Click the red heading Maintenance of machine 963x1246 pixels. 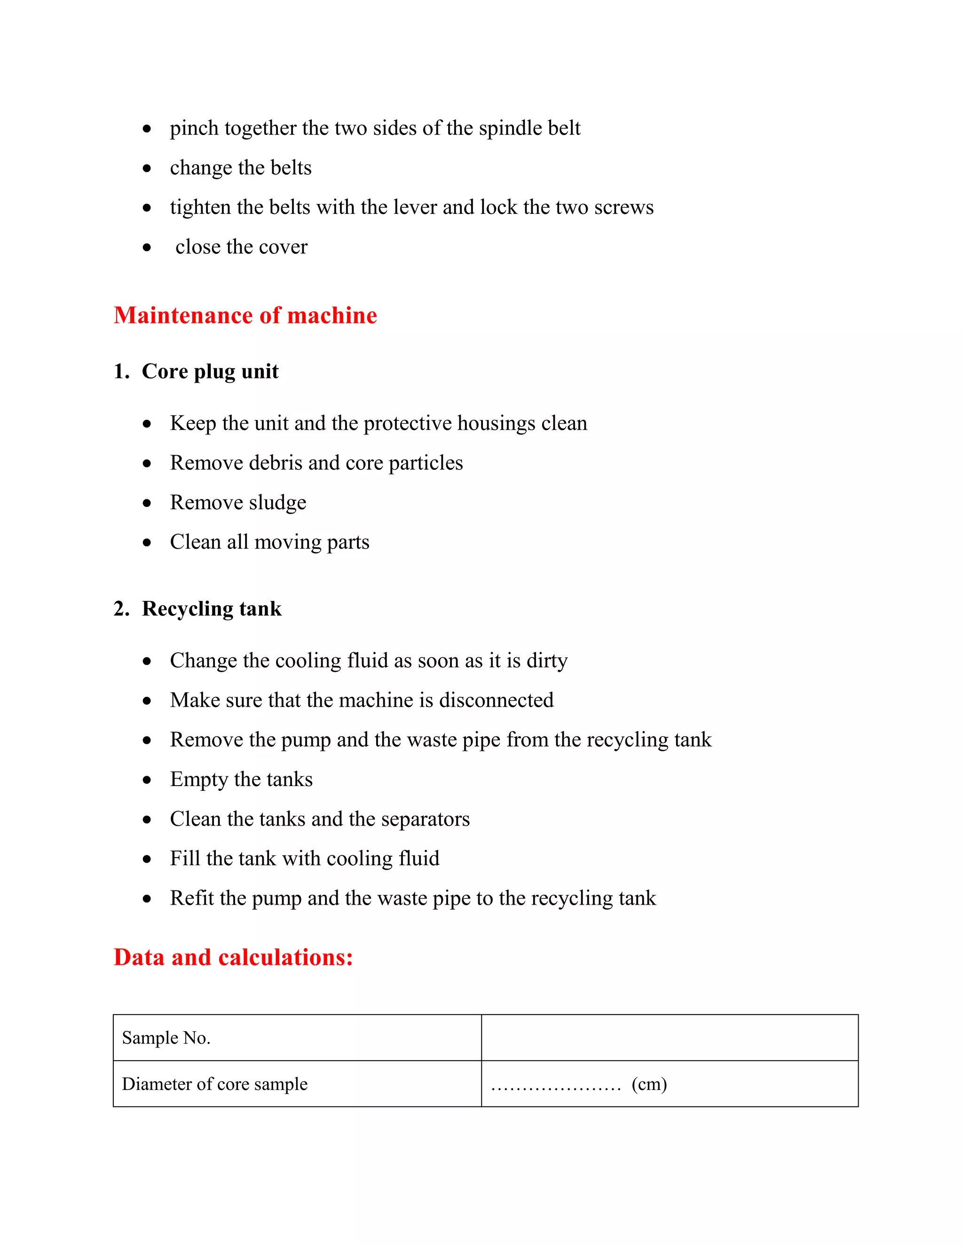(x=245, y=315)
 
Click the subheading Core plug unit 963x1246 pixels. (x=210, y=371)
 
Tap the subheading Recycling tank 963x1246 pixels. (x=212, y=609)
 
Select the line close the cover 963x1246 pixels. (x=241, y=247)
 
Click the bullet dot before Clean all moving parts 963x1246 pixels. (x=147, y=543)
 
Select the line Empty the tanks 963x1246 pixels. (x=241, y=779)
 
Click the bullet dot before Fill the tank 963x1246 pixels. (x=147, y=859)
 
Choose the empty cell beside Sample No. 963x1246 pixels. (x=669, y=1038)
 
